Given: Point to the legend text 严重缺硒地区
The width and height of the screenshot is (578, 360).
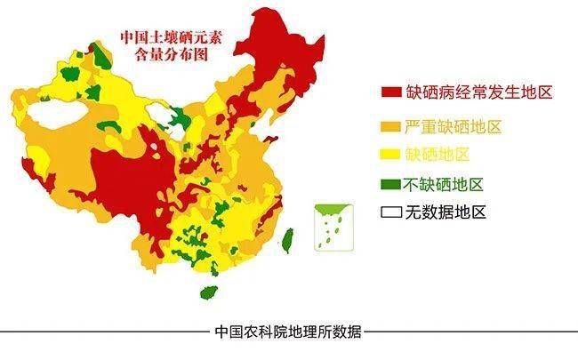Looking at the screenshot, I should [x=454, y=126].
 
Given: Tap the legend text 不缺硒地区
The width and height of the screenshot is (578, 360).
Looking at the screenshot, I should [x=444, y=185].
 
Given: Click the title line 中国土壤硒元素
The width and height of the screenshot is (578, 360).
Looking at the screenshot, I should [x=172, y=40].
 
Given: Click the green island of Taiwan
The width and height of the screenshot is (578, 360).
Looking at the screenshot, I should [x=287, y=238].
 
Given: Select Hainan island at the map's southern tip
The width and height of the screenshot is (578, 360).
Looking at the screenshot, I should [x=209, y=292].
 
